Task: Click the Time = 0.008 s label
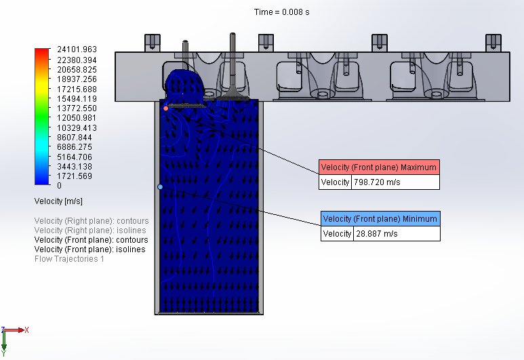click(282, 12)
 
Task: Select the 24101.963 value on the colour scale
click(78, 49)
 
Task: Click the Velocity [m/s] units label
click(58, 201)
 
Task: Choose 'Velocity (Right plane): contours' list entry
click(91, 221)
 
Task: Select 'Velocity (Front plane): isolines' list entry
click(89, 249)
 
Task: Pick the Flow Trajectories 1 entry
click(69, 259)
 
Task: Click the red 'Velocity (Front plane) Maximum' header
click(379, 167)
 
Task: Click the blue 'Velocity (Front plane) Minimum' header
click(380, 219)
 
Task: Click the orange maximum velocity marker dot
click(165, 108)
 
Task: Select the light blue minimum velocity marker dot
click(161, 186)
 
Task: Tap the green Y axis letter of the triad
click(3, 353)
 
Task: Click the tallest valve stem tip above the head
click(233, 35)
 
